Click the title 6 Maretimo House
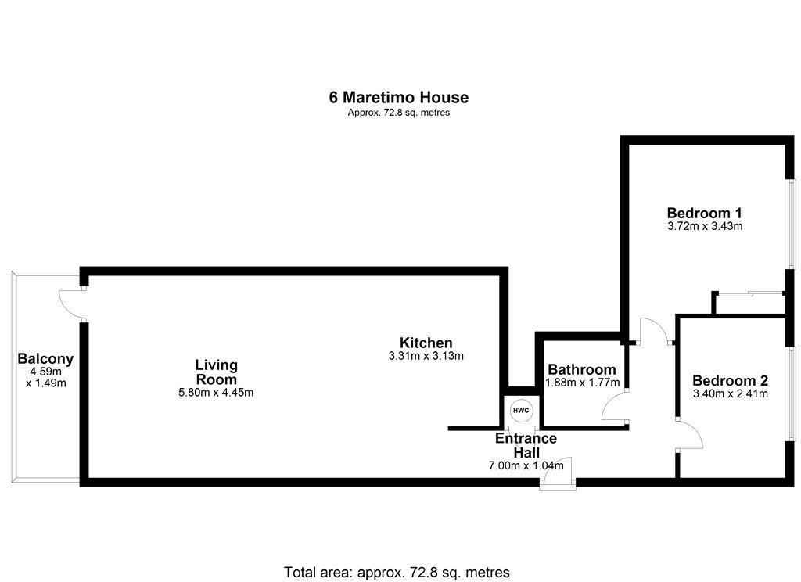[398, 97]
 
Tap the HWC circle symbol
[521, 411]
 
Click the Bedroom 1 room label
[705, 213]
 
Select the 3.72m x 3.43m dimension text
[705, 226]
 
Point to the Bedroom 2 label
[730, 381]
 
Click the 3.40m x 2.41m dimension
[730, 393]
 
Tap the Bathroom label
[582, 369]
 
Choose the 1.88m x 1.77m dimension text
[582, 383]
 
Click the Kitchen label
[426, 343]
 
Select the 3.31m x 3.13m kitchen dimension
[426, 356]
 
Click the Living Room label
[217, 372]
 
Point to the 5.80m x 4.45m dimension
[216, 393]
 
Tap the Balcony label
[45, 359]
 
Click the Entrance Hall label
[526, 445]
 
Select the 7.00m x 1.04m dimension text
[526, 465]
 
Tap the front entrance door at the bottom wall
[558, 472]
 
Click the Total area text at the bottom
[397, 572]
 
